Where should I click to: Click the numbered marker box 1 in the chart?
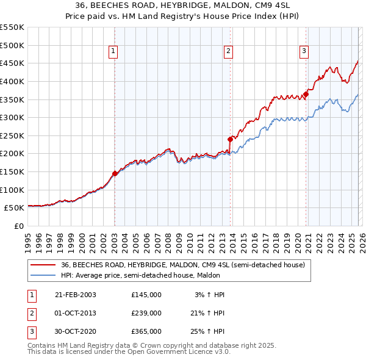pyautogui.click(x=115, y=52)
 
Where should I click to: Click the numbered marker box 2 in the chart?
pyautogui.click(x=228, y=52)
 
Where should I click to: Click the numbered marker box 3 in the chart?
pyautogui.click(x=304, y=52)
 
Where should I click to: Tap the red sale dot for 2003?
pyautogui.click(x=115, y=173)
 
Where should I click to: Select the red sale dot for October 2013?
pyautogui.click(x=230, y=139)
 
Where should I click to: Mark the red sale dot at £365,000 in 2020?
pyautogui.click(x=306, y=94)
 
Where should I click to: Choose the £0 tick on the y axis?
pyautogui.click(x=18, y=226)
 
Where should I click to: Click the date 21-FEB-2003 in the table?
pyautogui.click(x=76, y=295)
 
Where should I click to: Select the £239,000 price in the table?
pyautogui.click(x=146, y=313)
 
